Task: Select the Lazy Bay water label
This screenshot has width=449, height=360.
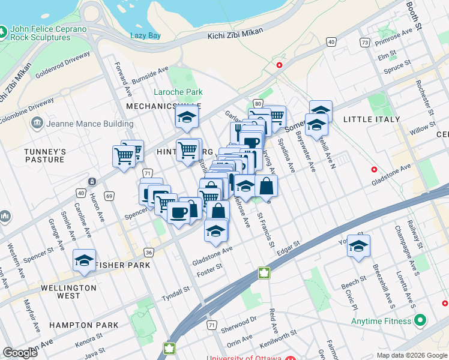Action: click(x=146, y=35)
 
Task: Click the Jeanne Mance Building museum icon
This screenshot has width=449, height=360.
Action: click(x=37, y=124)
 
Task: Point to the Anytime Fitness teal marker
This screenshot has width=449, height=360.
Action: click(x=420, y=321)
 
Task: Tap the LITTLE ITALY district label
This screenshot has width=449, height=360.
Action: click(x=371, y=119)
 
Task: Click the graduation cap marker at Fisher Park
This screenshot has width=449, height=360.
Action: click(x=85, y=260)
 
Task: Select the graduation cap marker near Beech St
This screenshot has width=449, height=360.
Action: click(x=358, y=246)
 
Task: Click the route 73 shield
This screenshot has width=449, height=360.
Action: click(x=364, y=42)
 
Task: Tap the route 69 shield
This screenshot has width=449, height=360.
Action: click(x=109, y=196)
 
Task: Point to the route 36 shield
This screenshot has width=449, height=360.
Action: click(x=148, y=252)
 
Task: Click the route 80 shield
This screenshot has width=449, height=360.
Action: click(x=258, y=104)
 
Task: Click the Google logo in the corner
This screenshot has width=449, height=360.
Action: click(x=20, y=353)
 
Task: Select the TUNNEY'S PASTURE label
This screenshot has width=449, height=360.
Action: click(x=44, y=155)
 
